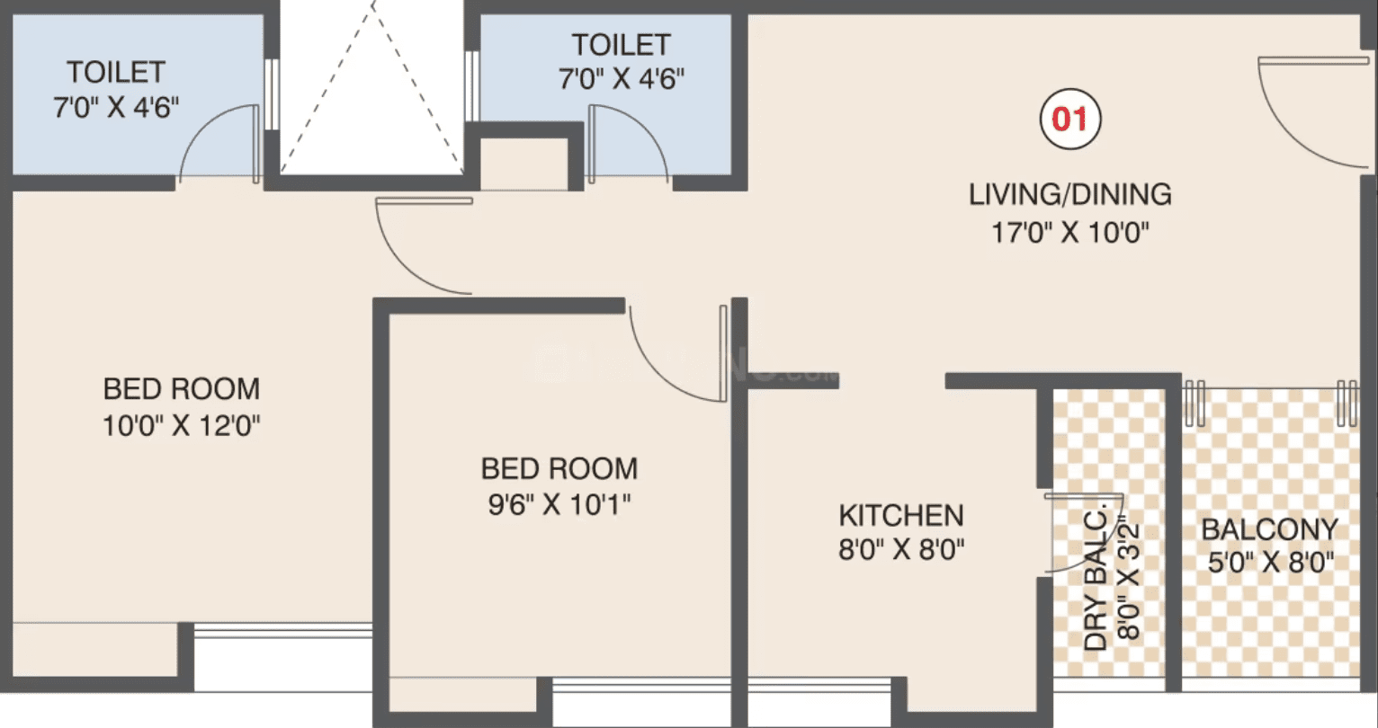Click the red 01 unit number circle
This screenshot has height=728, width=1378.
[x=1070, y=119]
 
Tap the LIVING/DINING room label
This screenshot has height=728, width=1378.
[x=1069, y=194]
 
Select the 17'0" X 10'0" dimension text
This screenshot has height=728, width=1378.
[x=1069, y=233]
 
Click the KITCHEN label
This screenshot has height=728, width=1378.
[x=901, y=515]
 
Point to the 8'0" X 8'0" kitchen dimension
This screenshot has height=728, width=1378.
[x=901, y=549]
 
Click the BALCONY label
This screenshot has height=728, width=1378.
[x=1270, y=529]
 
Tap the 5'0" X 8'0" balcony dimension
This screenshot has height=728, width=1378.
[x=1270, y=562]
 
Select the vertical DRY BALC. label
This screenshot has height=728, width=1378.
[x=1095, y=580]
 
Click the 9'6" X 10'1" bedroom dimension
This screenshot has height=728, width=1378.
[x=559, y=504]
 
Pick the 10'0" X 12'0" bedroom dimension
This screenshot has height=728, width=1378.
[x=181, y=425]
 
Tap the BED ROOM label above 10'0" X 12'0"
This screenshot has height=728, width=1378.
[x=182, y=388]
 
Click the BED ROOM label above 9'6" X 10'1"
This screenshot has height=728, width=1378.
[x=559, y=468]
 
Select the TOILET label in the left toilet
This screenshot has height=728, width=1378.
[x=116, y=72]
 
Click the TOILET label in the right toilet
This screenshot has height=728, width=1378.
[x=621, y=44]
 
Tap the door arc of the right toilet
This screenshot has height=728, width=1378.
[x=646, y=127]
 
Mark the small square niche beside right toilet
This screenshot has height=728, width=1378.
[x=523, y=164]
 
